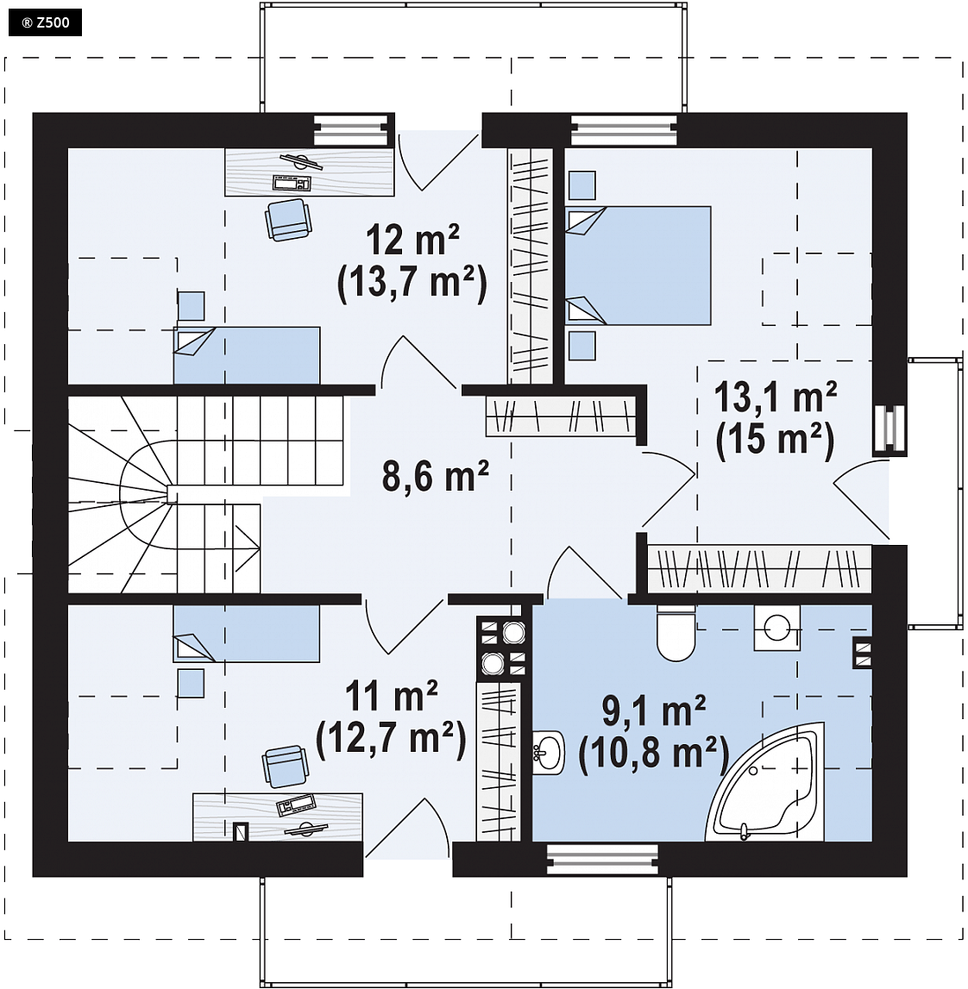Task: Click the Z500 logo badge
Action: [x=45, y=23]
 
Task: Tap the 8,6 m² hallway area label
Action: [x=436, y=476]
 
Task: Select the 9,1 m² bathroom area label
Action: [x=654, y=711]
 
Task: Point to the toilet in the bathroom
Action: [x=676, y=633]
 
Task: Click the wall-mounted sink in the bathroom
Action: [x=549, y=752]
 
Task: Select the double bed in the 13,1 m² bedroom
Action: [x=638, y=266]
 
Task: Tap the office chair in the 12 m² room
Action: [x=288, y=219]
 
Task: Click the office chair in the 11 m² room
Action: [x=286, y=767]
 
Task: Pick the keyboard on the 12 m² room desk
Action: [x=292, y=183]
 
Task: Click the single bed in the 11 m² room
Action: [x=246, y=634]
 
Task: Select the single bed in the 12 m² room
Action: [x=247, y=355]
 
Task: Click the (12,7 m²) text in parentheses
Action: [x=391, y=738]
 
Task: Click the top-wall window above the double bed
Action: [x=625, y=130]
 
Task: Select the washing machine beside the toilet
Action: [x=776, y=628]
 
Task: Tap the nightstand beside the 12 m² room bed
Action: [x=191, y=306]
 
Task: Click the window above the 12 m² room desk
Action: [x=351, y=130]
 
